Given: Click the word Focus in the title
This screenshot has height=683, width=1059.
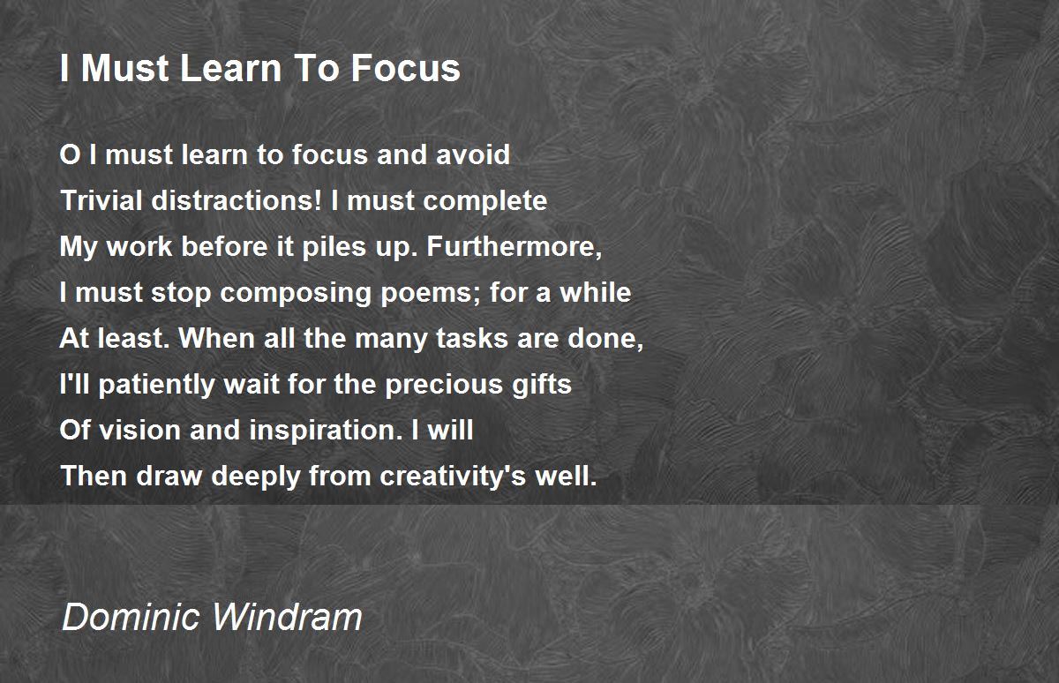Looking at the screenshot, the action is [405, 68].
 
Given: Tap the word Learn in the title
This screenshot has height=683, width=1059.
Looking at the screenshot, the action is [230, 68].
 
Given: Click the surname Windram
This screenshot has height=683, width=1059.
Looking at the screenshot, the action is [288, 617].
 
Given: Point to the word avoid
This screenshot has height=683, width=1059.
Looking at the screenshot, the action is [473, 154].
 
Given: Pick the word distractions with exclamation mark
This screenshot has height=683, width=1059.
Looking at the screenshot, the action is [237, 200].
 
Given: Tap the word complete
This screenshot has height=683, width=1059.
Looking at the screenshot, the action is [485, 201].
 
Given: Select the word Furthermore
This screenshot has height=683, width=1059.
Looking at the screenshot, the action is [514, 247].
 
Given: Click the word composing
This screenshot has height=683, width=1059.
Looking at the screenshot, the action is [296, 293].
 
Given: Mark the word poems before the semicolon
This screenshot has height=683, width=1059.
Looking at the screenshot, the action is [429, 293].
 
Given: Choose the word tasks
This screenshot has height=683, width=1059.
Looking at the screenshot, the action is [466, 338].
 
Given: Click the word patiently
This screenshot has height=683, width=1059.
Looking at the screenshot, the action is [156, 385].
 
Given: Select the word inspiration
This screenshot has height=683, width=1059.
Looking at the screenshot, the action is [326, 431].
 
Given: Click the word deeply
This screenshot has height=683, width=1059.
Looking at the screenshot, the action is [256, 477].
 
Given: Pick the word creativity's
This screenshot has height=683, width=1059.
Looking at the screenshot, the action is [453, 477].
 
